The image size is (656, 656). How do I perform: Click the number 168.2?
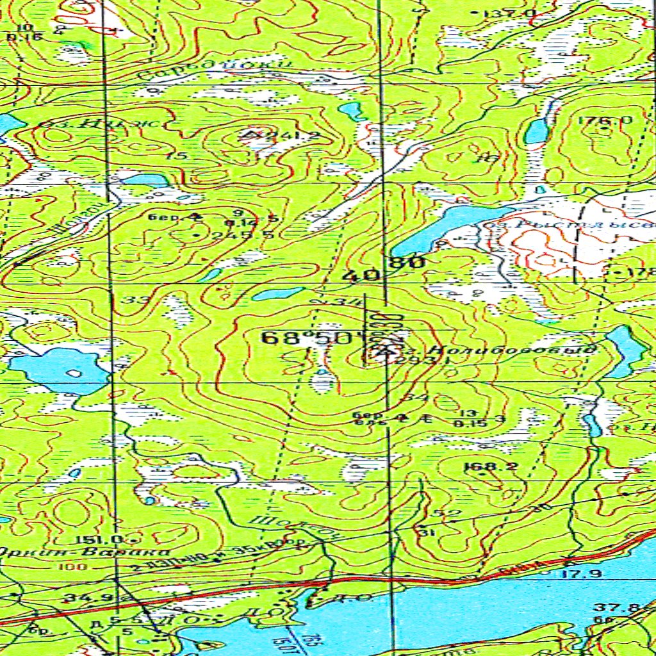[x=490, y=466]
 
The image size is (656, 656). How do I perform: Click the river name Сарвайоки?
[x=218, y=72]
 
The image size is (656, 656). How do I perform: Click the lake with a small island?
[x=58, y=370]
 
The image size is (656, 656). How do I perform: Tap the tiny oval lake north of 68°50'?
[x=278, y=294]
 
